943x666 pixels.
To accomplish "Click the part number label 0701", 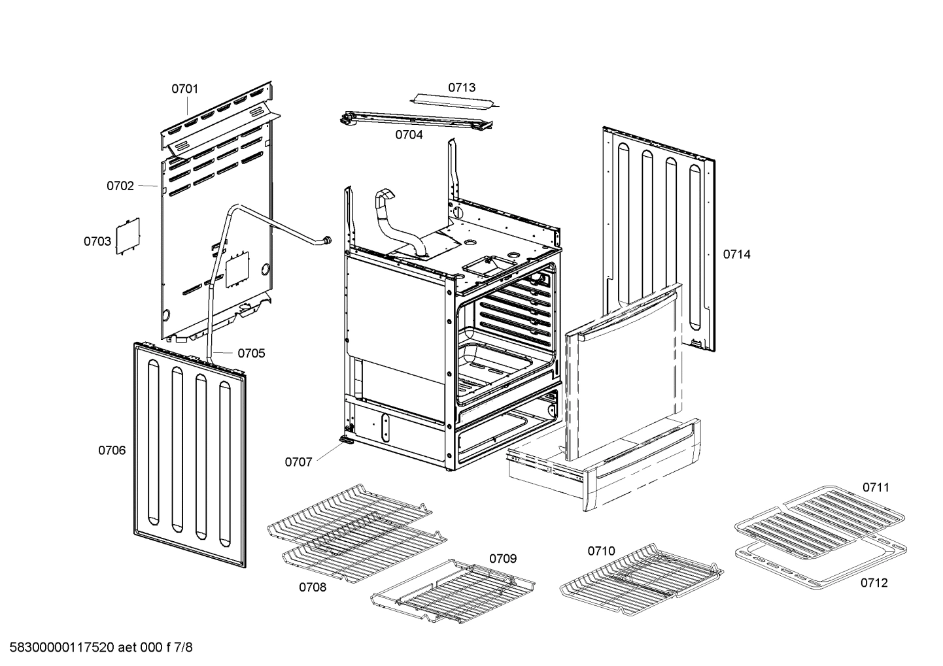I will [184, 89].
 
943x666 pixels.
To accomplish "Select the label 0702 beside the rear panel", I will [120, 186].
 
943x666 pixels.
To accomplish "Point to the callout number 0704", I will [408, 135].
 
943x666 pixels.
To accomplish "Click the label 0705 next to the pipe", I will [251, 354].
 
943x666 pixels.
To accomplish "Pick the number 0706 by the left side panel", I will [112, 450].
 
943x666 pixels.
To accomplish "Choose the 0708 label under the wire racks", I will [313, 587].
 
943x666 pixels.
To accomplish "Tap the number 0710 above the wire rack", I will [601, 551].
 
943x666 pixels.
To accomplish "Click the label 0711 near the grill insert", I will [875, 487].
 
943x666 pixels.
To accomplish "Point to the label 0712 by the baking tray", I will [874, 583].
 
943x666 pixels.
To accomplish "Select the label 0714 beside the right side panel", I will [736, 254].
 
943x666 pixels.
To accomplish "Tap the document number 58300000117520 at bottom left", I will [59, 648].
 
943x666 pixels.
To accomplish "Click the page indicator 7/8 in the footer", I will [185, 648].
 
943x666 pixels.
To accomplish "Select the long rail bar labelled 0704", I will [415, 120].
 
